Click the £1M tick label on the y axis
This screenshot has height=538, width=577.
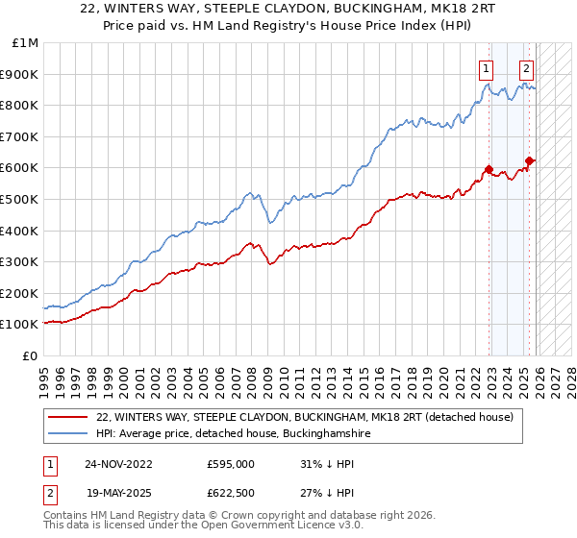click(25, 43)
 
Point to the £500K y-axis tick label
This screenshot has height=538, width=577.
click(20, 199)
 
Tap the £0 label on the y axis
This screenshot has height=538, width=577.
click(30, 355)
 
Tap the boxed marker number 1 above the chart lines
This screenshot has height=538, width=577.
click(487, 68)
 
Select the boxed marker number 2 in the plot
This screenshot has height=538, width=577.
click(527, 68)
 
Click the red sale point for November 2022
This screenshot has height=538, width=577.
click(489, 170)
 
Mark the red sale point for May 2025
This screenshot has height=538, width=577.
click(529, 160)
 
